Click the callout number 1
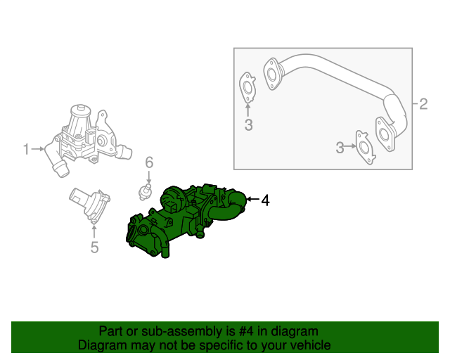click(27, 149)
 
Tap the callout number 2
click(423, 105)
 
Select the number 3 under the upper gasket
click(247, 126)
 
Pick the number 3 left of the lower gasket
click(340, 148)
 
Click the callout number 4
click(265, 201)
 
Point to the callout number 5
click(94, 247)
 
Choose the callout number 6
click(149, 163)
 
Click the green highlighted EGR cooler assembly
click(176, 221)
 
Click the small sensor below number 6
click(146, 191)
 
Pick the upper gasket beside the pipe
click(247, 85)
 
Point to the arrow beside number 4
click(252, 201)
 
